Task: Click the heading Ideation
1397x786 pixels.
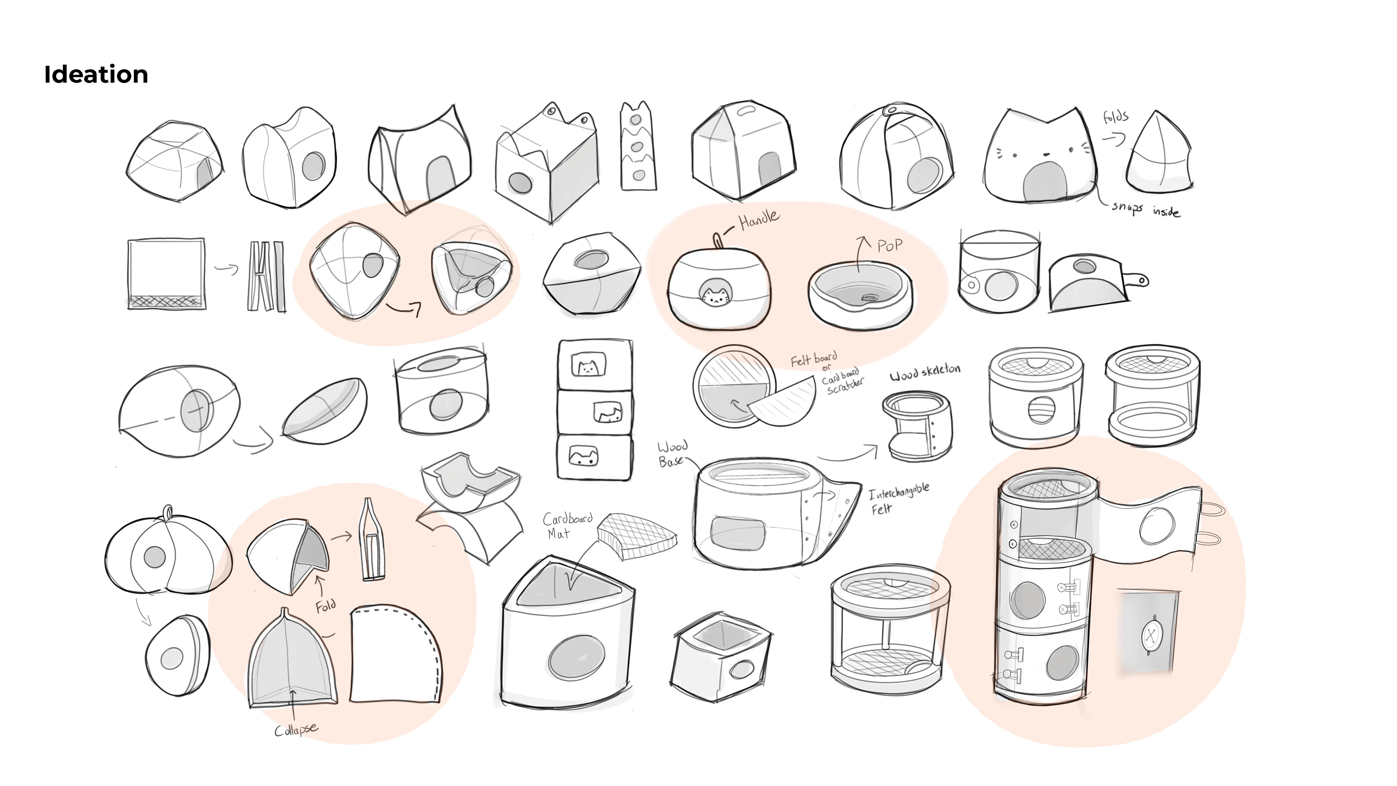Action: tap(96, 74)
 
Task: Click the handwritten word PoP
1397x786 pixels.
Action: tap(890, 246)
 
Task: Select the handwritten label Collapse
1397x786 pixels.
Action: tap(296, 730)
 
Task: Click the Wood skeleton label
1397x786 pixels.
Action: tap(925, 372)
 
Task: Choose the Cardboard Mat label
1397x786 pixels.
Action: tap(567, 524)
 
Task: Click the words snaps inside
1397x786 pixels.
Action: tap(1145, 209)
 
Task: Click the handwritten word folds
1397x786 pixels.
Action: tap(1115, 116)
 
